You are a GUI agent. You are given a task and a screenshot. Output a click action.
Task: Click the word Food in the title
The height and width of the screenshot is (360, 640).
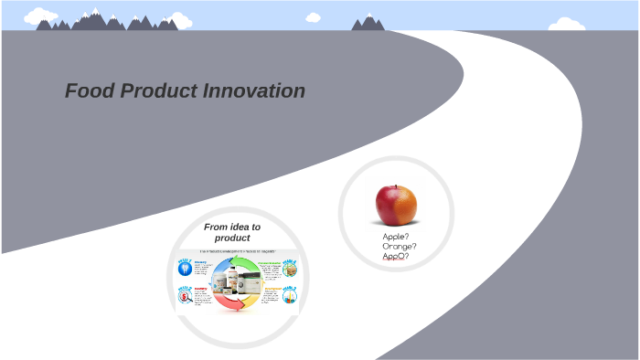[x=87, y=91]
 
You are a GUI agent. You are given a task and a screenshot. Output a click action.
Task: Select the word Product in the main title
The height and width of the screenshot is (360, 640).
[x=154, y=91]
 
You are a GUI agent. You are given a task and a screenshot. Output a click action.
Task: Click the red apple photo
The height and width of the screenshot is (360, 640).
[x=396, y=204]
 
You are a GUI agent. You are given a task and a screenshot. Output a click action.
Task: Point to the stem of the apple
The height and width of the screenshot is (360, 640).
[x=395, y=186]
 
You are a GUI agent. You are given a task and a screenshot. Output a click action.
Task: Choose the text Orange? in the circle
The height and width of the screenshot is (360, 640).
[x=400, y=246]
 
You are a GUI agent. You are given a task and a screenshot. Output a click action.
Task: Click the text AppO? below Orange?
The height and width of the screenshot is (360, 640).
[x=396, y=256]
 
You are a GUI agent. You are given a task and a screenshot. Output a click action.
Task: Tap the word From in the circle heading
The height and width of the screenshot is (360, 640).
[x=218, y=227]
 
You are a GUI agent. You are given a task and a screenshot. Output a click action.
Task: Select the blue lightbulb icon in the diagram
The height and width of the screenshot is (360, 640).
[x=185, y=267]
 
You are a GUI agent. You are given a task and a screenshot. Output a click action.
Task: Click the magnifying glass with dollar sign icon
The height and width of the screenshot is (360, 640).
[x=185, y=297]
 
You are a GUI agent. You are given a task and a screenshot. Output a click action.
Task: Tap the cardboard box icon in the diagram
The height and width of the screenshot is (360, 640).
[x=291, y=267]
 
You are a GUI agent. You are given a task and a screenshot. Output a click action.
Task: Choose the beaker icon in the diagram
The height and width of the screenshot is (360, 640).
[x=291, y=297]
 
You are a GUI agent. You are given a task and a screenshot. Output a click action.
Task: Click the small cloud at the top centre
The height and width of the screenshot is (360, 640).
[x=314, y=16]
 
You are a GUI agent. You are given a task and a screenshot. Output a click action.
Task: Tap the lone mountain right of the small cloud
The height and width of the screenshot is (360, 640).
[x=368, y=22]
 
